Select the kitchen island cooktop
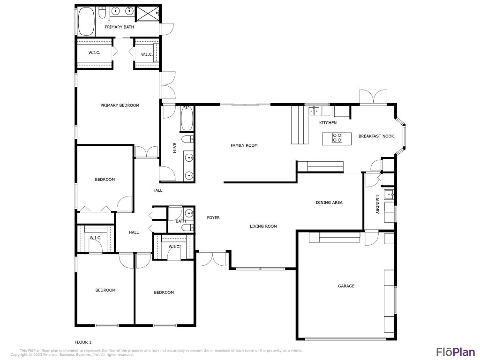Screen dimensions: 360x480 [337, 138]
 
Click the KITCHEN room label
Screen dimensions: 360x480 [328, 123]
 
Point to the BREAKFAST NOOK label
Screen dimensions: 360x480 [376, 136]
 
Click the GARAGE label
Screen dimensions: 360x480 [346, 286]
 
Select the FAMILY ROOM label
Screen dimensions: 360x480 [244, 145]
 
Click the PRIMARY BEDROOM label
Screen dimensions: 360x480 [120, 105]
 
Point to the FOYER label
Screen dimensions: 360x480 [213, 217]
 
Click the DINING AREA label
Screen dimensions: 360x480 [329, 202]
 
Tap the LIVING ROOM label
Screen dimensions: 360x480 [263, 226]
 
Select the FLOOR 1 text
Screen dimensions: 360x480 [83, 342]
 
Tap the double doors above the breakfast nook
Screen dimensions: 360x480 [374, 97]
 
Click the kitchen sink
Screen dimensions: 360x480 [314, 111]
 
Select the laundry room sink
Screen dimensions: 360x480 [389, 194]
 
